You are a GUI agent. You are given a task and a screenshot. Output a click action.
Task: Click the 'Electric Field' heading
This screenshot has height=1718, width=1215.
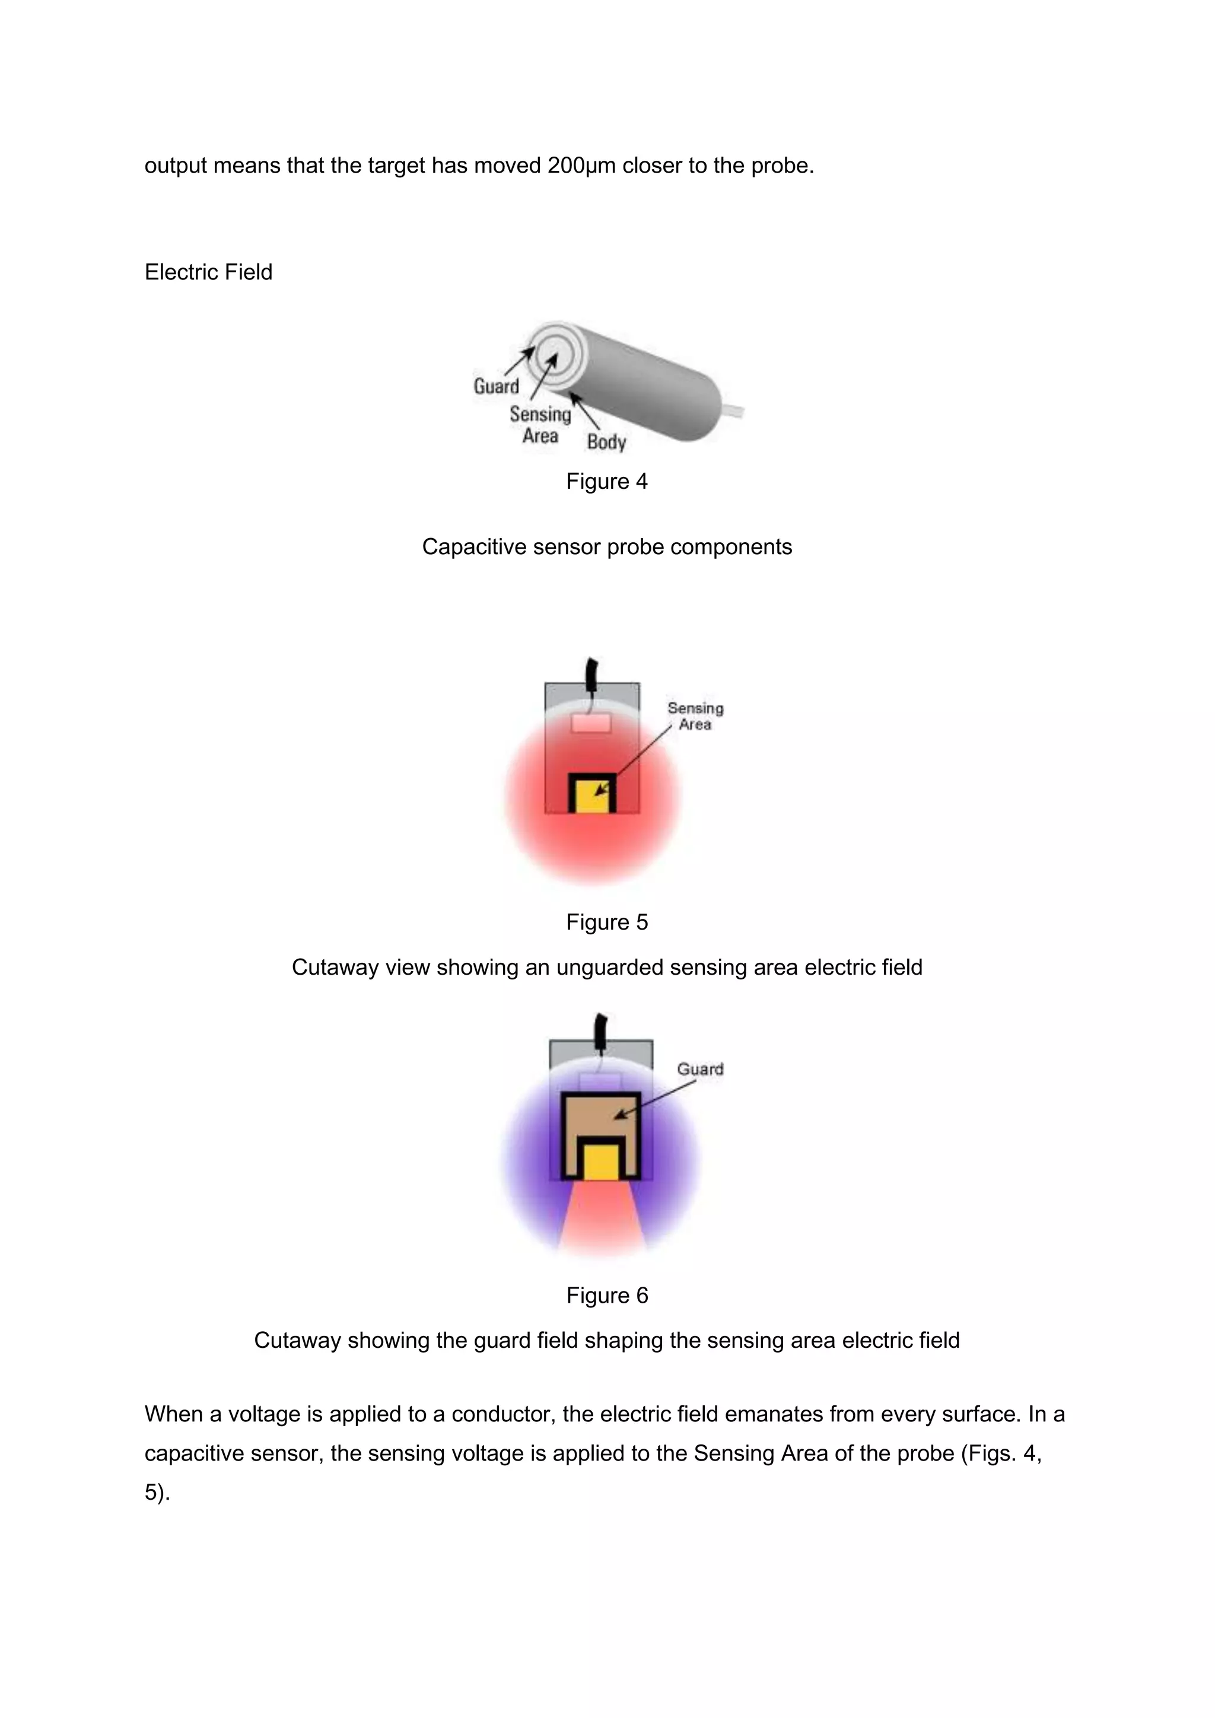click(x=208, y=272)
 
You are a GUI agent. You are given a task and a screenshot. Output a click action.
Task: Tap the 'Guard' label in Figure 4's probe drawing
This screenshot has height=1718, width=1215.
click(x=496, y=386)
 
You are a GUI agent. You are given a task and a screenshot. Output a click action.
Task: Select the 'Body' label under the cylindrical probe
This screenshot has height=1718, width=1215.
click(x=606, y=441)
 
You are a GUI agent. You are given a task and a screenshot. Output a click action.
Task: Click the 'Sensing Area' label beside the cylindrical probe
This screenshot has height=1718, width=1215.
click(x=540, y=424)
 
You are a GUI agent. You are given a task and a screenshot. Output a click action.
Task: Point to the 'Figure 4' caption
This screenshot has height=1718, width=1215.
click(x=607, y=481)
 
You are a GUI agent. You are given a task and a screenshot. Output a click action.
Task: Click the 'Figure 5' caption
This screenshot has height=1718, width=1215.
click(x=607, y=922)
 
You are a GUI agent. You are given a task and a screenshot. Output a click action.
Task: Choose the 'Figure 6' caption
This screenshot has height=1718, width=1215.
click(x=607, y=1295)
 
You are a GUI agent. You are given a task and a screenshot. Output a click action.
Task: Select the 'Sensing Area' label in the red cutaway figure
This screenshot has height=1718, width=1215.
click(x=695, y=716)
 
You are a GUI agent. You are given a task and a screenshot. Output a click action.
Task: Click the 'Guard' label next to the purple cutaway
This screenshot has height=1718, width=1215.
click(x=699, y=1068)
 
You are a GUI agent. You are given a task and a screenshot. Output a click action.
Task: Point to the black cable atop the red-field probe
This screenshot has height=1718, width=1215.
click(x=593, y=675)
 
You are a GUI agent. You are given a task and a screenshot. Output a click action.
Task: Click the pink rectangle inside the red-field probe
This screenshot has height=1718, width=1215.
click(x=591, y=723)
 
